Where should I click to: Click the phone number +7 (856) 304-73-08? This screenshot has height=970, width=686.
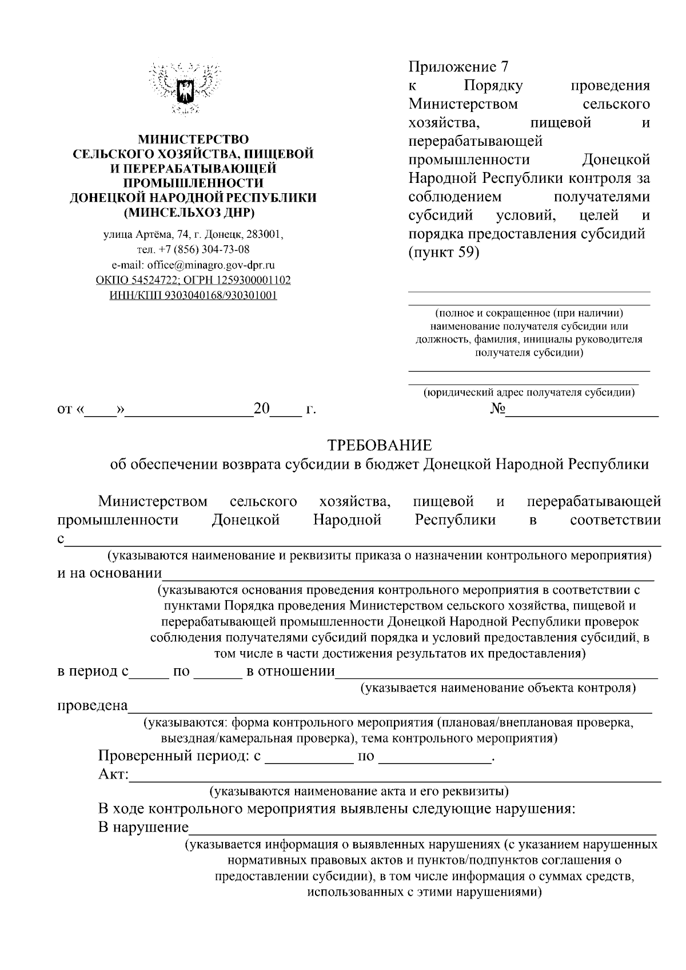[193, 250]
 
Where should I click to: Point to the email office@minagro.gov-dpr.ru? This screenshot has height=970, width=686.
[193, 265]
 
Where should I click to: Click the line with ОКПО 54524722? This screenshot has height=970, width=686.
[193, 280]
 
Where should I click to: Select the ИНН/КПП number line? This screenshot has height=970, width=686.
[193, 296]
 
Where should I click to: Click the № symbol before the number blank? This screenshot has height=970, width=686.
[497, 410]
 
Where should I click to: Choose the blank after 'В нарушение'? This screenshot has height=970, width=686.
[423, 828]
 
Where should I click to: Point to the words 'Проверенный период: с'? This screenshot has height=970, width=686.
[179, 757]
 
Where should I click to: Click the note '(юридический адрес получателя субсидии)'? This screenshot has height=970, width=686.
[529, 393]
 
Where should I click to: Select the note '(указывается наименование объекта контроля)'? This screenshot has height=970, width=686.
[497, 688]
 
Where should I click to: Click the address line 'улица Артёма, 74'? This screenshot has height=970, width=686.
[193, 234]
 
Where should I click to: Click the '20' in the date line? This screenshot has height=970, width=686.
[261, 409]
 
